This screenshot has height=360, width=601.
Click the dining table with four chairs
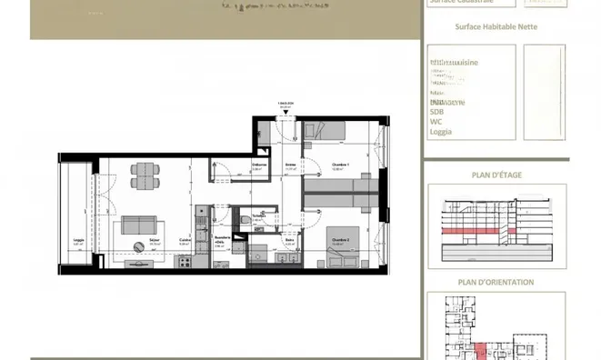(x=145, y=175)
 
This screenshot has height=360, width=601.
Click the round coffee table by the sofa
(x=136, y=245)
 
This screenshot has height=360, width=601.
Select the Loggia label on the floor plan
(x=78, y=241)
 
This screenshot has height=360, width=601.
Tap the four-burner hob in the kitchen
(x=185, y=262)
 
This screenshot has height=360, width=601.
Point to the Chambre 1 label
(x=338, y=165)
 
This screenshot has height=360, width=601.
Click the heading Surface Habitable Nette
(x=496, y=26)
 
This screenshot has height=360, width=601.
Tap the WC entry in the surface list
(x=436, y=121)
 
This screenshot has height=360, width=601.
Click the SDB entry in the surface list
(x=438, y=111)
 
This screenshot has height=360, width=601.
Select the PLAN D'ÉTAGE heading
(x=496, y=175)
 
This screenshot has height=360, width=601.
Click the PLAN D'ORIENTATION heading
(x=496, y=282)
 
